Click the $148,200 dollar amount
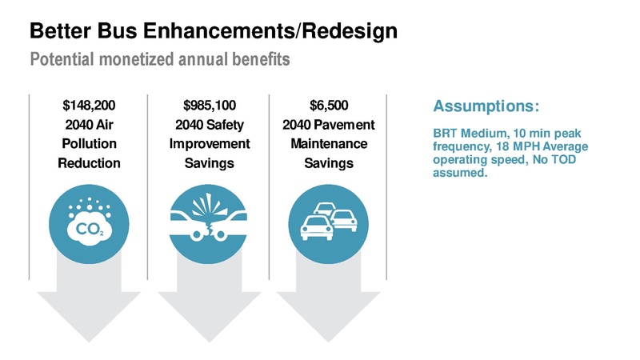point(88,105)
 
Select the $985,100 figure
point(210,105)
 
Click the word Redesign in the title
point(347,33)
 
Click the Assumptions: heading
point(486,106)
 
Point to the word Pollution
point(89,144)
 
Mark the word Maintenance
point(329,144)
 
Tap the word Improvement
point(210,144)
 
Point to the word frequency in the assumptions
point(460,147)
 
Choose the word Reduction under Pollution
point(89,164)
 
